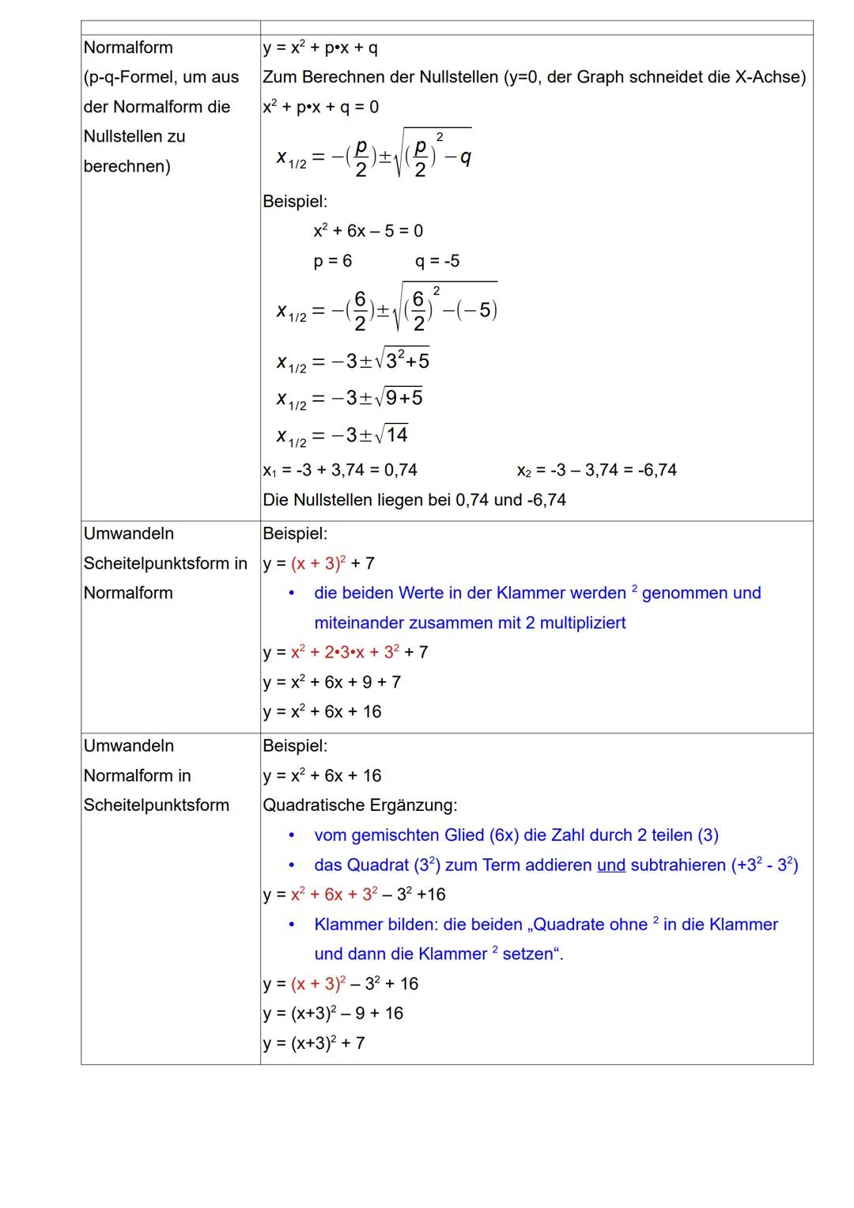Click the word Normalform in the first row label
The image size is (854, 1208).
(128, 47)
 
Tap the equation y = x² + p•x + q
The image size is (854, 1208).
(320, 47)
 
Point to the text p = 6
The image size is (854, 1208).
(333, 261)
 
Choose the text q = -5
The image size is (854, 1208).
(437, 261)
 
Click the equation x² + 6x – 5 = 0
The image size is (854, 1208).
(368, 231)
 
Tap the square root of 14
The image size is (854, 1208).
(392, 435)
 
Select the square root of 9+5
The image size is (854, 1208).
(399, 397)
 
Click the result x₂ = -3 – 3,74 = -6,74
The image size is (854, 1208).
(596, 470)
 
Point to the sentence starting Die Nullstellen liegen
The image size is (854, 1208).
(414, 500)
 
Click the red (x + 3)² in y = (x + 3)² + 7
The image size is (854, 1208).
(319, 563)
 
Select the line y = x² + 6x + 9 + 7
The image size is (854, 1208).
(332, 682)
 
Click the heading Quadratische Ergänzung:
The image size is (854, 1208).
(360, 805)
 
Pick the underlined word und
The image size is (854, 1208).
(611, 865)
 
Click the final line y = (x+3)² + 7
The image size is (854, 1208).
(314, 1043)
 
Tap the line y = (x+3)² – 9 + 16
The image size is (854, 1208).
(333, 1013)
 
